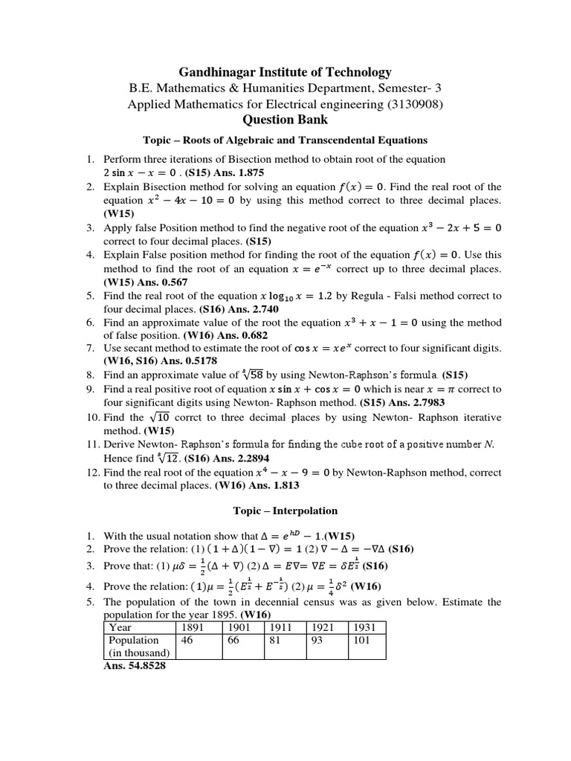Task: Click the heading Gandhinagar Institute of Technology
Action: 285,72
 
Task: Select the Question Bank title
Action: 285,120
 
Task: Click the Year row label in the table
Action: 120,627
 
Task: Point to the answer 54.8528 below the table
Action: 135,666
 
